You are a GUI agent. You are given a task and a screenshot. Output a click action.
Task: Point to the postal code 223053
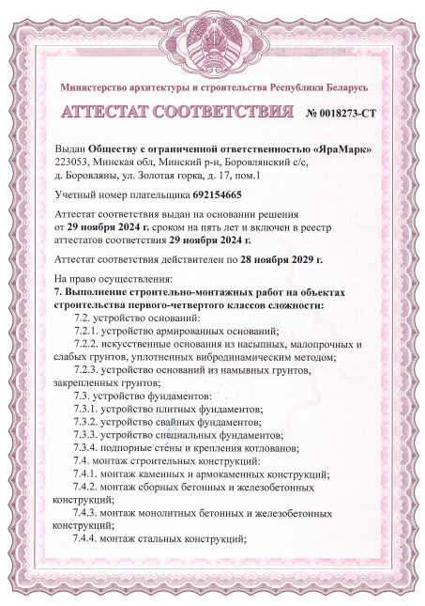pos(74,162)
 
